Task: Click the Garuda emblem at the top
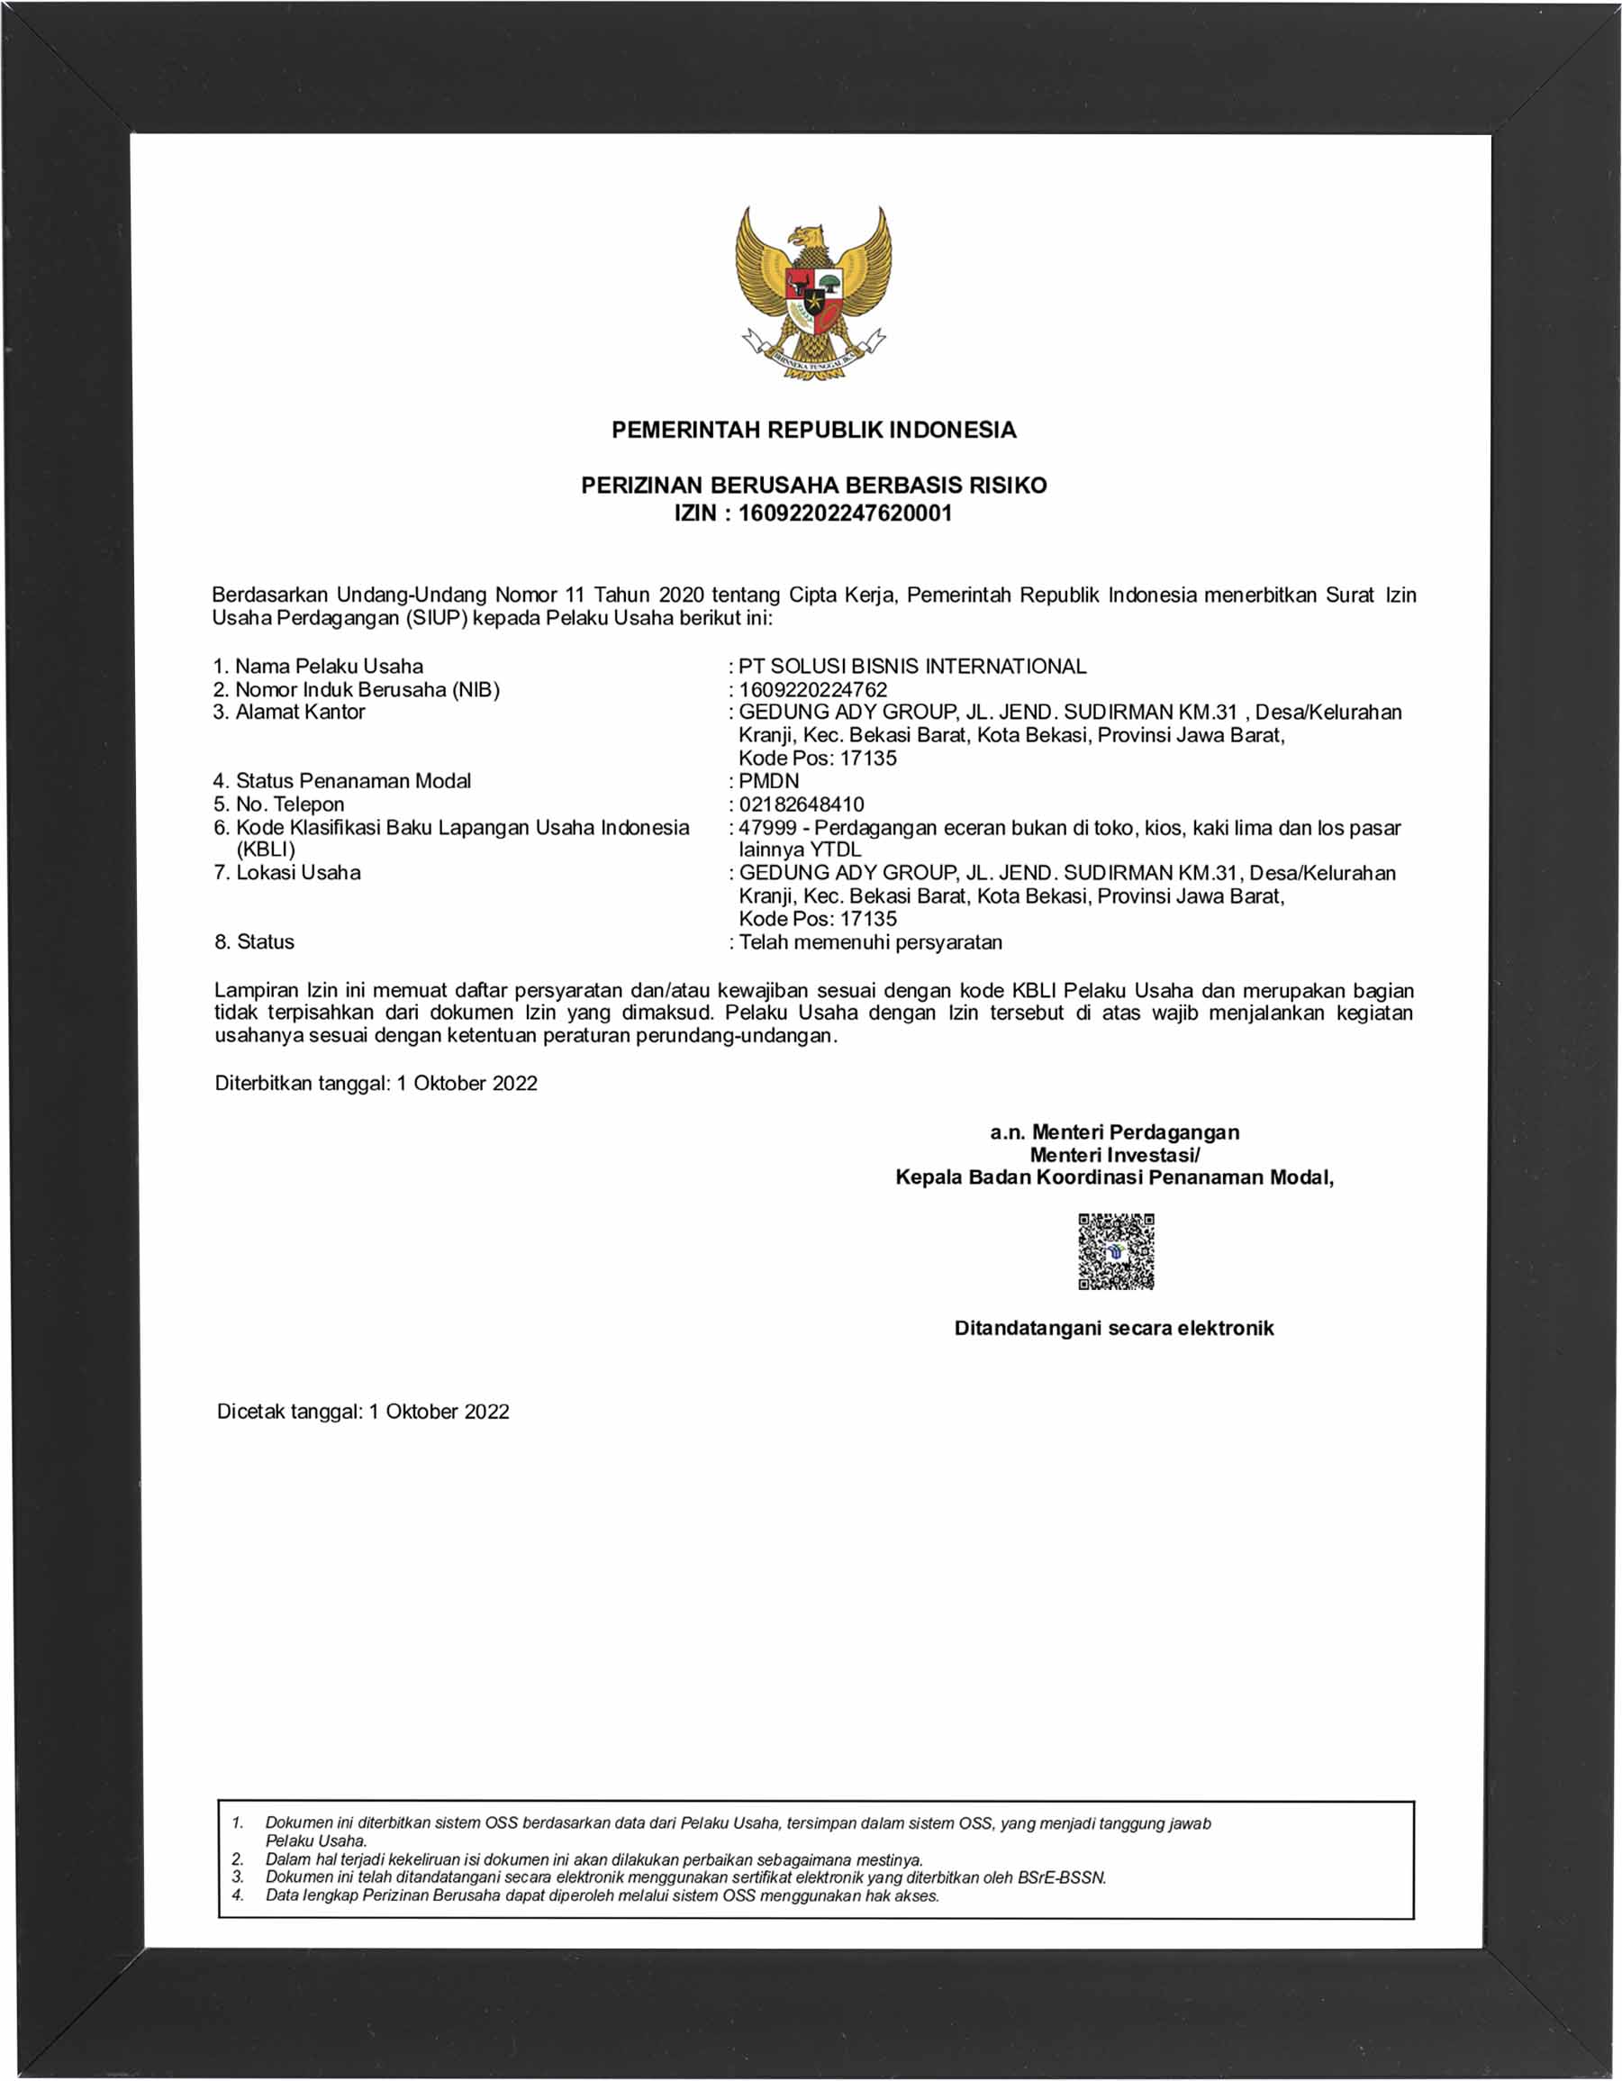(x=812, y=291)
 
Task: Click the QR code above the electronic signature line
(x=1115, y=1251)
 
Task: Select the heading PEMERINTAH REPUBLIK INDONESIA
(x=813, y=430)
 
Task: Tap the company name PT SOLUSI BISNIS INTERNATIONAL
(x=911, y=666)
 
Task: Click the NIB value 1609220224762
(x=812, y=690)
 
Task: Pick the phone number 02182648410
(x=801, y=804)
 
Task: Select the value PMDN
(x=768, y=781)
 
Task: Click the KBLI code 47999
(x=767, y=828)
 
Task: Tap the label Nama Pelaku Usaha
(x=329, y=666)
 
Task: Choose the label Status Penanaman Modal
(x=352, y=781)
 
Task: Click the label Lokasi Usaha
(x=298, y=873)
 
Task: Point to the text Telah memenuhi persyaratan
(x=870, y=942)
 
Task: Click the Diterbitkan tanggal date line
(x=376, y=1084)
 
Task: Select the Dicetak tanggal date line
(x=363, y=1411)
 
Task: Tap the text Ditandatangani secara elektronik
(x=1113, y=1328)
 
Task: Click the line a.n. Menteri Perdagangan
(x=1114, y=1132)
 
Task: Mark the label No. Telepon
(x=289, y=804)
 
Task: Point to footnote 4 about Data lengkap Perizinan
(x=602, y=1896)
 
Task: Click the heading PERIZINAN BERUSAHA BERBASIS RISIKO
(x=813, y=485)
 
